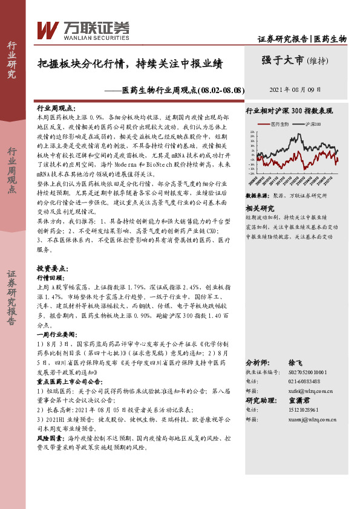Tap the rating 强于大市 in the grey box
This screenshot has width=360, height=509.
[x=283, y=60]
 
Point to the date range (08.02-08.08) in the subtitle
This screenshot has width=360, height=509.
[x=221, y=90]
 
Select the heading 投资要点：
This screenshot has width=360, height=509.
[x=51, y=250]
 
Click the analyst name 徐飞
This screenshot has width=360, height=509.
[x=296, y=362]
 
